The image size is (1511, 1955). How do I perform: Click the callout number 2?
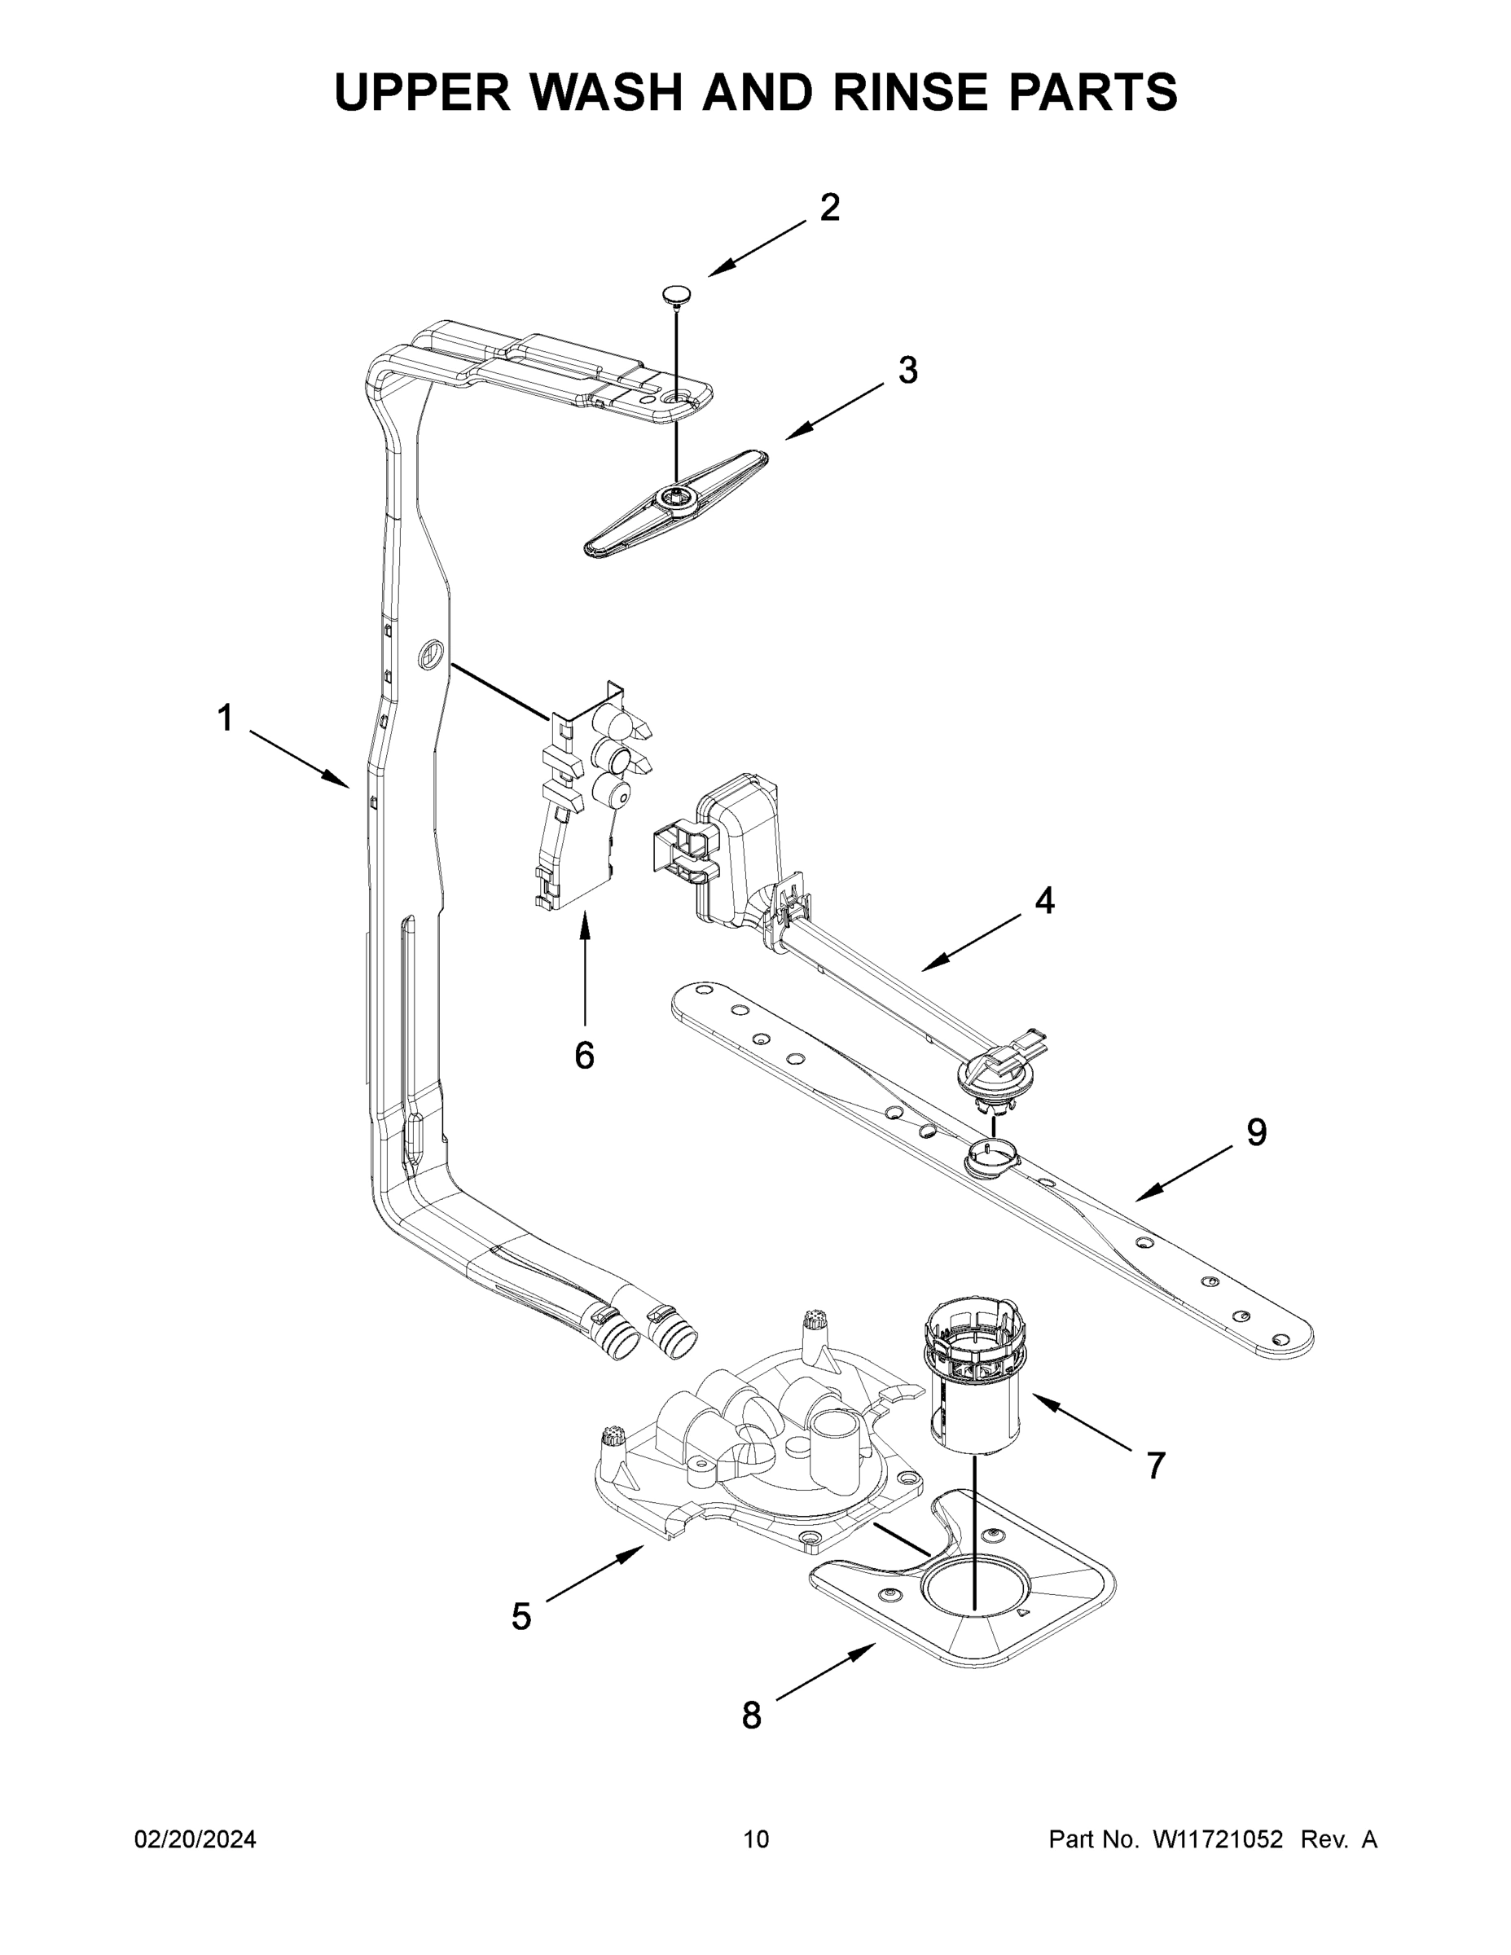(x=830, y=209)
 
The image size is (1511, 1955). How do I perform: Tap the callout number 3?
(x=907, y=370)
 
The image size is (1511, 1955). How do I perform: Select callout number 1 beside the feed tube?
(x=226, y=717)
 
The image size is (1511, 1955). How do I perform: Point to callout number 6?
(x=584, y=1057)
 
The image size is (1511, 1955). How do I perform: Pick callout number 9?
(x=1257, y=1133)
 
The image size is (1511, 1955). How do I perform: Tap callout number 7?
(x=1156, y=1466)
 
